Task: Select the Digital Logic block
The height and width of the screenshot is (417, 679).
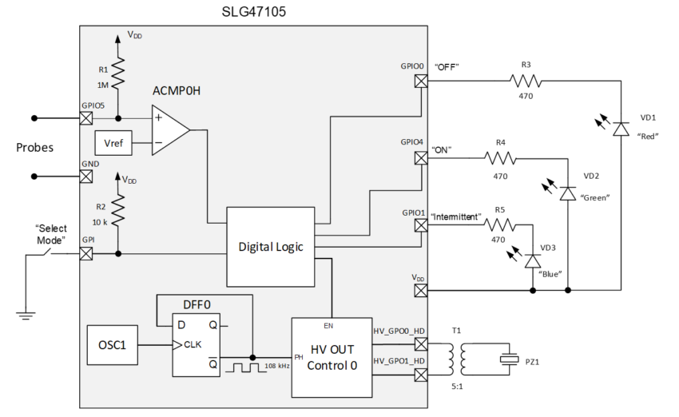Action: [x=271, y=247]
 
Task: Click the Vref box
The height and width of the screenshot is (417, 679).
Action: [x=113, y=143]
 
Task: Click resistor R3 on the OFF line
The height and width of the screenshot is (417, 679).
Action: [x=525, y=80]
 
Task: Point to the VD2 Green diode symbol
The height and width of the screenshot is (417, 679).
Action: [x=568, y=193]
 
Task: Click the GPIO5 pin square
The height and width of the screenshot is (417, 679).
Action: [x=86, y=118]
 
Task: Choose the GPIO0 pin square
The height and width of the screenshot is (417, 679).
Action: [x=420, y=80]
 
